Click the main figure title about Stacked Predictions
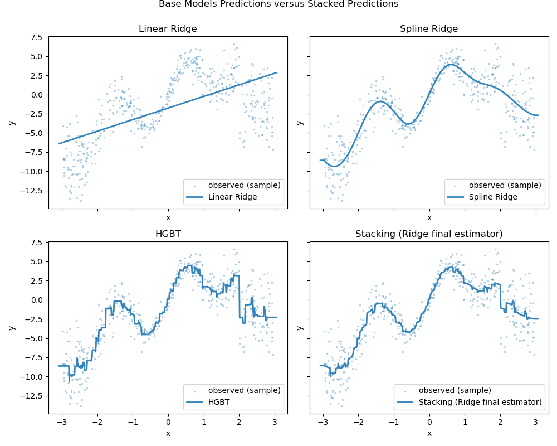pos(278,4)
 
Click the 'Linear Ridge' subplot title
pos(168,28)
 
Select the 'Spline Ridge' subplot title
pos(429,28)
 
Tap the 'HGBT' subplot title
pos(168,234)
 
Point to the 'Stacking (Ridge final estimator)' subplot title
pos(429,234)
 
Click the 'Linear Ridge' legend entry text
pos(232,197)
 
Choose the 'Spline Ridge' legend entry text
pos(494,197)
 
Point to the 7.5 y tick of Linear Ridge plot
pos(36,37)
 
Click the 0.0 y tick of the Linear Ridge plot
pos(36,95)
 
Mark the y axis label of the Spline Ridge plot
pos(300,122)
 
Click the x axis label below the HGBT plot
pos(168,434)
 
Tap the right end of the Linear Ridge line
pos(277,72)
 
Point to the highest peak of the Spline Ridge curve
pos(451,64)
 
